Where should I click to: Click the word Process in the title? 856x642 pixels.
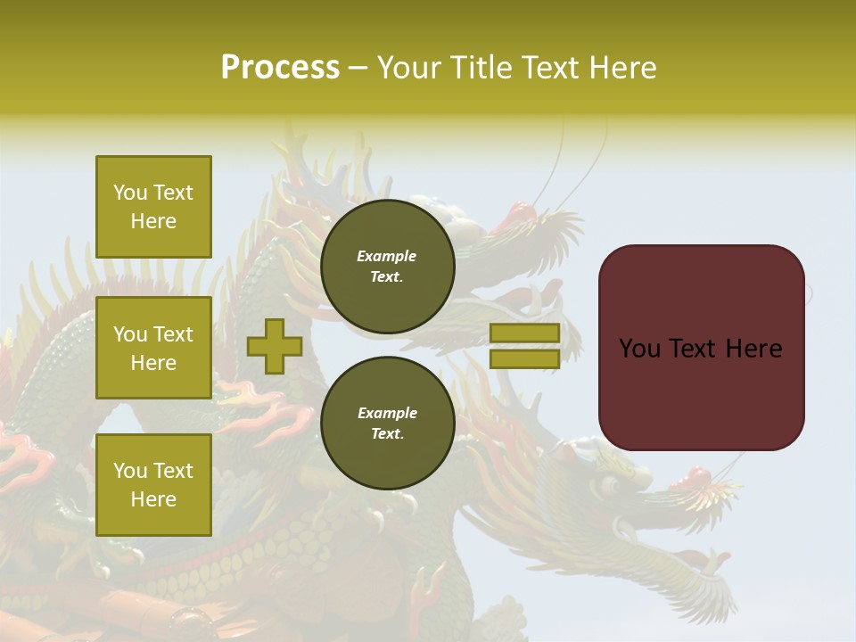[x=280, y=68]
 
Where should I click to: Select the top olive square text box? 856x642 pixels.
[x=153, y=207]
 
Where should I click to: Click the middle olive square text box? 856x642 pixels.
[x=153, y=348]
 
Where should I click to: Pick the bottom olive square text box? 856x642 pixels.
[x=153, y=485]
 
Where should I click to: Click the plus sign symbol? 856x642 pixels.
[x=275, y=346]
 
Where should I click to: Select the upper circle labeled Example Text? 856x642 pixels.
[x=387, y=267]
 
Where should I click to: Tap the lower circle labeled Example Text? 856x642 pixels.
[x=387, y=424]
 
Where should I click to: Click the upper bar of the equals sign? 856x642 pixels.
[x=525, y=333]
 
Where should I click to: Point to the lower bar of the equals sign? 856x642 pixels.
[x=525, y=358]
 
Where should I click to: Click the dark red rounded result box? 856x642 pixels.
[x=701, y=348]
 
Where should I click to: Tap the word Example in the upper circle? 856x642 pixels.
[x=387, y=257]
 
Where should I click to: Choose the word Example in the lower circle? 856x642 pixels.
[x=387, y=414]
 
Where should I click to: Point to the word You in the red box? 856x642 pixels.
[x=639, y=349]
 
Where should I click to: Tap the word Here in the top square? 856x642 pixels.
[x=153, y=221]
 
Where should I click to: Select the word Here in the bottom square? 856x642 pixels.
[x=153, y=499]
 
